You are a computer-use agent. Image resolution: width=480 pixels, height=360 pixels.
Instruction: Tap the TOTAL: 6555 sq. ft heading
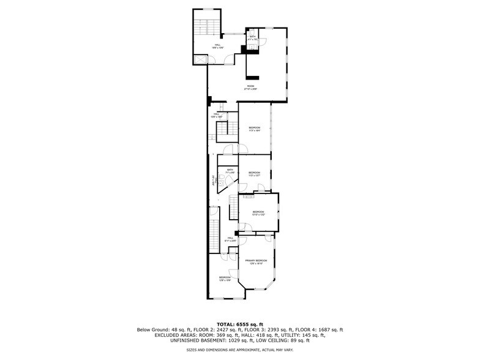pos(240,324)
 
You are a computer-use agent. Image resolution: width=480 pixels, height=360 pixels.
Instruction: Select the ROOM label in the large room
pos(250,87)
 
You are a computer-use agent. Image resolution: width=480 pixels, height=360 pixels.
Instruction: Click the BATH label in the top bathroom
pos(252,39)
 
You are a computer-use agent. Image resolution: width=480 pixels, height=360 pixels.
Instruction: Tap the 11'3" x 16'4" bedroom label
pos(254,129)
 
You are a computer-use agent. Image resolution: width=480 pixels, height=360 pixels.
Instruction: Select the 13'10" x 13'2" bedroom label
pos(258,213)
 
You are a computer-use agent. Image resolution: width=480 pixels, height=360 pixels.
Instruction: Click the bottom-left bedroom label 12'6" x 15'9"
pos(224,279)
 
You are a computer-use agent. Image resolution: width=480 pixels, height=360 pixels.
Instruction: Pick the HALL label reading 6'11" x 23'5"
pos(231,239)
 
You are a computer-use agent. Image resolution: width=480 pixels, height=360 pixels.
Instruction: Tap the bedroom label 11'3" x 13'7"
pos(254,173)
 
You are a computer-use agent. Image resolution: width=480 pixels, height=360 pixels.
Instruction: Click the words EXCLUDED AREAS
pos(159,335)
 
